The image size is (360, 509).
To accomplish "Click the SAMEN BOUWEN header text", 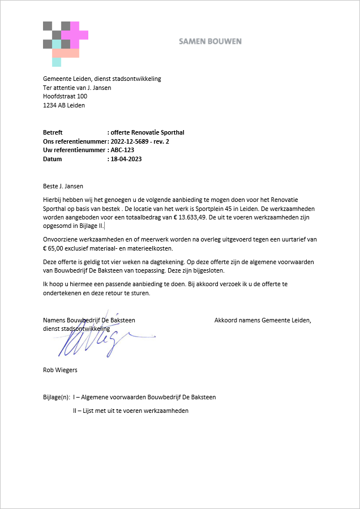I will (x=210, y=41).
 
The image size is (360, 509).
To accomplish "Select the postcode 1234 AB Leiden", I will (x=64, y=105).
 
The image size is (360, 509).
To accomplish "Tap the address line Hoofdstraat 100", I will (x=65, y=96).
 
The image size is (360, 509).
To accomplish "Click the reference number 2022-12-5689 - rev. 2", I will (x=140, y=141).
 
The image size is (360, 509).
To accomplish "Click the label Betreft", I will (x=53, y=132).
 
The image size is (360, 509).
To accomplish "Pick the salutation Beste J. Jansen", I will (x=63, y=185).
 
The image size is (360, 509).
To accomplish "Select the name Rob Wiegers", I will (x=60, y=370).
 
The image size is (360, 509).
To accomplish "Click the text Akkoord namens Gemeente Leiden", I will (x=263, y=320).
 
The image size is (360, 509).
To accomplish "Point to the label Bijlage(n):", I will (x=57, y=397).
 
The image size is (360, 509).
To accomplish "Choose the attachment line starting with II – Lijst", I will (x=131, y=411).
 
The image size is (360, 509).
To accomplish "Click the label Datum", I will (x=53, y=159).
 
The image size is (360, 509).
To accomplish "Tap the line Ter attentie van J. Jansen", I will (x=77, y=88).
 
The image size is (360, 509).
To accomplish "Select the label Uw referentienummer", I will (x=74, y=150).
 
